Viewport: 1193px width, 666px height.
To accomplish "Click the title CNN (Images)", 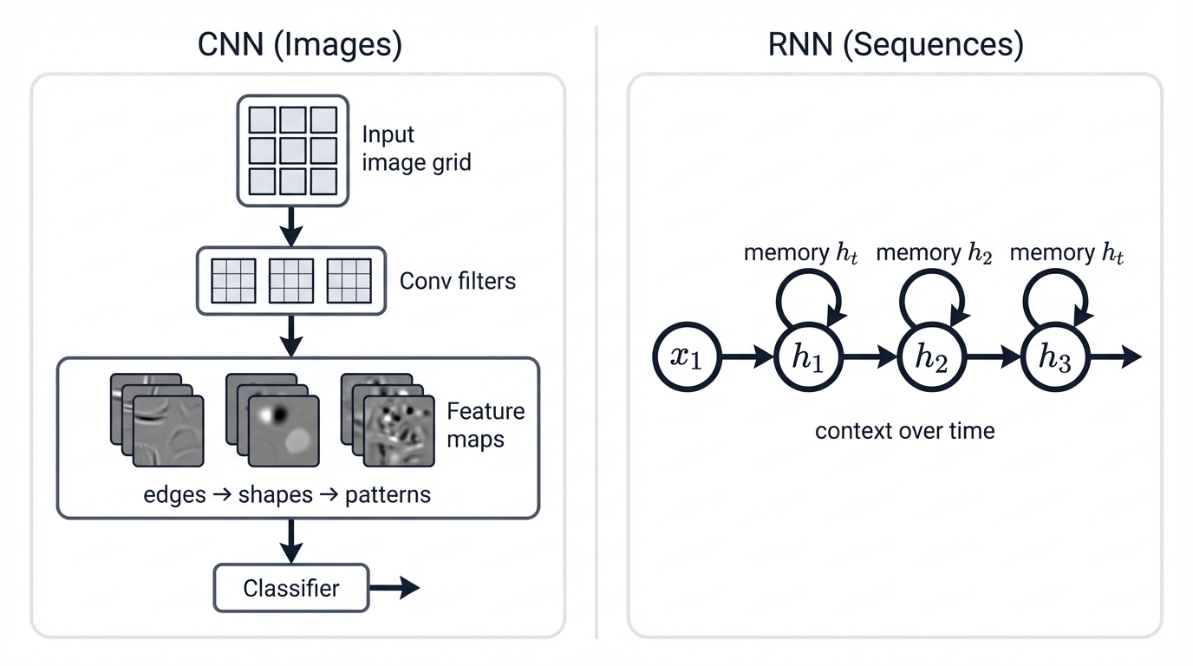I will pos(299,44).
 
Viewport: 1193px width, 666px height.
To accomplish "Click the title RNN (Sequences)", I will pos(896,44).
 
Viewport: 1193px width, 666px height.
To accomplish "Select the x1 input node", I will pos(687,357).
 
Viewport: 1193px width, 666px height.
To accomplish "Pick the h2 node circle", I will pos(932,357).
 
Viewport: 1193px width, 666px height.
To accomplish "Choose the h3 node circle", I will pos(1055,357).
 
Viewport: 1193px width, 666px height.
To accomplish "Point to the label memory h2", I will pos(934,253).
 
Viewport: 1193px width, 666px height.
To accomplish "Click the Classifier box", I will pos(291,589).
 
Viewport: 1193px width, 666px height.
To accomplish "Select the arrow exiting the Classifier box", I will pos(394,589).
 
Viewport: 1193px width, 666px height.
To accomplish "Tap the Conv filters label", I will pos(457,281).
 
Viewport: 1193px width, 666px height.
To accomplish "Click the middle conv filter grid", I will pos(291,281).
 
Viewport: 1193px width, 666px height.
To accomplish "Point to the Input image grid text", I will pos(416,148).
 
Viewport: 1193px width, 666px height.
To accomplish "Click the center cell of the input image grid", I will pos(292,150).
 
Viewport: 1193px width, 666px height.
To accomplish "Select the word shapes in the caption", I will pos(275,495).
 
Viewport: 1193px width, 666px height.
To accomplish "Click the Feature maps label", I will pos(485,424).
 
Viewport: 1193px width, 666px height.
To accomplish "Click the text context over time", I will pos(904,430).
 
